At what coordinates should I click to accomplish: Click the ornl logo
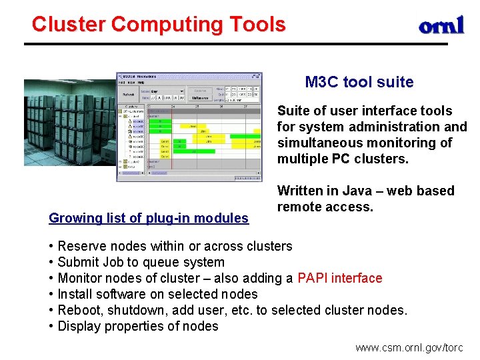click(441, 26)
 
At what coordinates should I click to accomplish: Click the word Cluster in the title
click(69, 25)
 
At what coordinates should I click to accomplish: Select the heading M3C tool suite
click(359, 83)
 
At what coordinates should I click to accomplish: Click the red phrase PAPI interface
click(340, 278)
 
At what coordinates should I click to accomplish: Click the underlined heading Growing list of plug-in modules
click(149, 218)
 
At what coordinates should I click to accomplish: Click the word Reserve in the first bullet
click(81, 246)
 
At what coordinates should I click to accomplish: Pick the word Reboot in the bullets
click(79, 310)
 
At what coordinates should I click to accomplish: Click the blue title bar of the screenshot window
click(189, 76)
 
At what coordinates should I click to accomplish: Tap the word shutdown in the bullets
click(146, 310)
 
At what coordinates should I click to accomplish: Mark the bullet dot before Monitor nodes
click(51, 278)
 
